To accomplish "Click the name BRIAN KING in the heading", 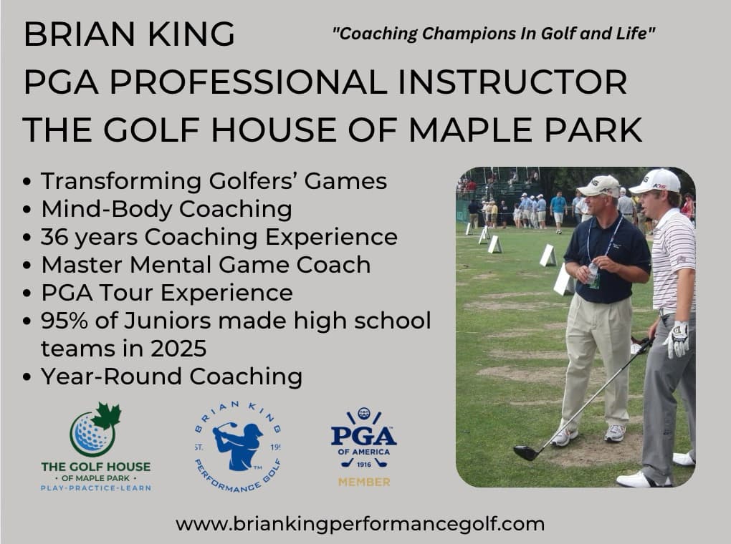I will (129, 34).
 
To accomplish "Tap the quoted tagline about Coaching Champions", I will (494, 34).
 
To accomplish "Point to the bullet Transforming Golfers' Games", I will (214, 181).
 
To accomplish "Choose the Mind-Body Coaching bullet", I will (166, 209).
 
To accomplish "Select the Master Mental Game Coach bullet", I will (206, 265).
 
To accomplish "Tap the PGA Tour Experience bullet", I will (167, 293).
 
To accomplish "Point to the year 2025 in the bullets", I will (181, 349).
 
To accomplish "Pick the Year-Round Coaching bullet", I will (171, 377).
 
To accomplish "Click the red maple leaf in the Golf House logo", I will (107, 417).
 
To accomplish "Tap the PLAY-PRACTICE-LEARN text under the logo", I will (95, 487).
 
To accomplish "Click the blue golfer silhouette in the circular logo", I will (239, 445).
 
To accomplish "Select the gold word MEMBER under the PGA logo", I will (364, 482).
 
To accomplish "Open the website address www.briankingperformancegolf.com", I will (360, 524).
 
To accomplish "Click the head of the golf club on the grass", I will (525, 452).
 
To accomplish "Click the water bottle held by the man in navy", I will (593, 275).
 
